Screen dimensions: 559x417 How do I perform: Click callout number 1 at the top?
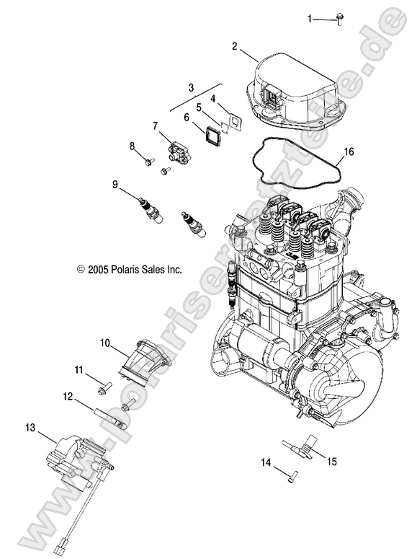pyautogui.click(x=310, y=18)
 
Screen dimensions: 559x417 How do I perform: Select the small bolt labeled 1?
pyautogui.click(x=338, y=19)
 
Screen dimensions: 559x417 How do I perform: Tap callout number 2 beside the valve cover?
pyautogui.click(x=235, y=46)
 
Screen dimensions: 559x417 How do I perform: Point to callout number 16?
pyautogui.click(x=349, y=152)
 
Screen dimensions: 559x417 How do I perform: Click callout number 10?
pyautogui.click(x=104, y=343)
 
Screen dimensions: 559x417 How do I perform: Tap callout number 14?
pyautogui.click(x=265, y=462)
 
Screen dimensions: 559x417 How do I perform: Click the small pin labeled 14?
pyautogui.click(x=290, y=475)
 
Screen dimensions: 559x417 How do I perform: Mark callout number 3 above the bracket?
pyautogui.click(x=191, y=87)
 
